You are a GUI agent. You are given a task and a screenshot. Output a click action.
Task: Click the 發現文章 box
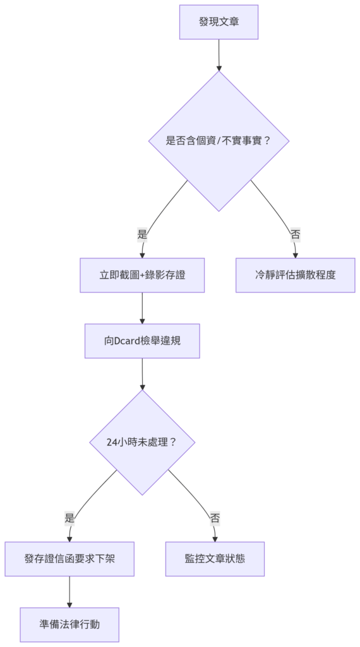tap(219, 22)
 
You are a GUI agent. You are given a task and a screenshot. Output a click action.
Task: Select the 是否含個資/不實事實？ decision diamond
tap(219, 141)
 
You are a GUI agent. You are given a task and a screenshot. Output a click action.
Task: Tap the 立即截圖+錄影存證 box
tap(142, 275)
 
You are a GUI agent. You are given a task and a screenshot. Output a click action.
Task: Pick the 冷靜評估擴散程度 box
tap(295, 275)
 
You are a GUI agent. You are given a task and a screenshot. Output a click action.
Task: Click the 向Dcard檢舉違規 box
tap(142, 341)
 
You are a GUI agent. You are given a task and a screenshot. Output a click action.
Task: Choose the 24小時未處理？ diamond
tap(142, 442)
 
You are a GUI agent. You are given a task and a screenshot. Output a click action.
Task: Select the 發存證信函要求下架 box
tap(69, 559)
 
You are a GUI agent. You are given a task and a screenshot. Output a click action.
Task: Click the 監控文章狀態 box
tap(215, 559)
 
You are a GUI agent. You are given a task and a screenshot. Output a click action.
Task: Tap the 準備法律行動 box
tap(69, 625)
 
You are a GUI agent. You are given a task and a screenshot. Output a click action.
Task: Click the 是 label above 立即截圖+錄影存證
tap(142, 235)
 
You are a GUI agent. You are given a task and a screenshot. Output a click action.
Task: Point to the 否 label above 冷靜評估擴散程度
tap(295, 235)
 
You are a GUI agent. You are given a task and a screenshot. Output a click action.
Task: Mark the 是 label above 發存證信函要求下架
tap(69, 519)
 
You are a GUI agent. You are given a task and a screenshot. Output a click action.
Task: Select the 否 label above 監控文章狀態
tap(215, 519)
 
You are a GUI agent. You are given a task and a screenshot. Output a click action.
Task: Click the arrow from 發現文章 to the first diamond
tap(219, 56)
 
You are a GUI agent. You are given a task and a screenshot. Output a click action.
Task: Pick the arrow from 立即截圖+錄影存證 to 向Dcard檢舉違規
tap(142, 308)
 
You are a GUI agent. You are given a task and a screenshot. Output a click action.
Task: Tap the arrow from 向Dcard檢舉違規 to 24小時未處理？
tap(142, 374)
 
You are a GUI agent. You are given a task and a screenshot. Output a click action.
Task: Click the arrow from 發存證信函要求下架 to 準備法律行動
tap(69, 592)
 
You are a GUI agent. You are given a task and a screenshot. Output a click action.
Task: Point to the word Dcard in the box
tap(125, 341)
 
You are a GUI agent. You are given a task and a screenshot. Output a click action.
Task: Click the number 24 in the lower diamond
tap(111, 442)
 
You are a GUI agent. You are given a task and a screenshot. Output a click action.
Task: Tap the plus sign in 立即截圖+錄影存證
tap(142, 275)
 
